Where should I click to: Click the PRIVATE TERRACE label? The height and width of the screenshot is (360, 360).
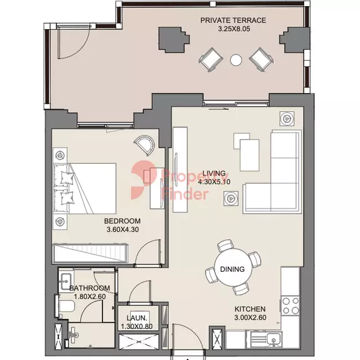point(233,20)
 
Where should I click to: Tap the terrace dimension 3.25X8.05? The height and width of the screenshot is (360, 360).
point(234,29)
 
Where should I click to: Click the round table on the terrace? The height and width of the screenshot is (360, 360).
point(236,60)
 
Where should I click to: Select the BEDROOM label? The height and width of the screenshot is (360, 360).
point(122,221)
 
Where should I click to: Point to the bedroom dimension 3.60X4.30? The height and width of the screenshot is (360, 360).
point(123,230)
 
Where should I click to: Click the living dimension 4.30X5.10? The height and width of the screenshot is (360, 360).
point(214,182)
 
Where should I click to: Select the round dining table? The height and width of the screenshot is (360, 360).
point(233,267)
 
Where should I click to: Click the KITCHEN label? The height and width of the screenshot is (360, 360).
point(250,309)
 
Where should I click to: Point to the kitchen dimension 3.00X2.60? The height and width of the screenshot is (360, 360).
point(250,318)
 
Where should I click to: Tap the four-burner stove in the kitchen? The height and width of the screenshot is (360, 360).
point(290,305)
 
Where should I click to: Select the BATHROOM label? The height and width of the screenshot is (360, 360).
point(89,288)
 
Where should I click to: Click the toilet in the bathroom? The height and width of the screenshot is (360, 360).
point(65,306)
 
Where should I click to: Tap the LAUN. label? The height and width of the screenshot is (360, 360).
point(137,318)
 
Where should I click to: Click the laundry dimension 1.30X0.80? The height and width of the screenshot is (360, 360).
point(137,326)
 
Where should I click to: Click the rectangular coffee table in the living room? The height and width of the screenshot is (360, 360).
point(250,155)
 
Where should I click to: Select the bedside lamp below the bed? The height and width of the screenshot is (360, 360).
point(60,222)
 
